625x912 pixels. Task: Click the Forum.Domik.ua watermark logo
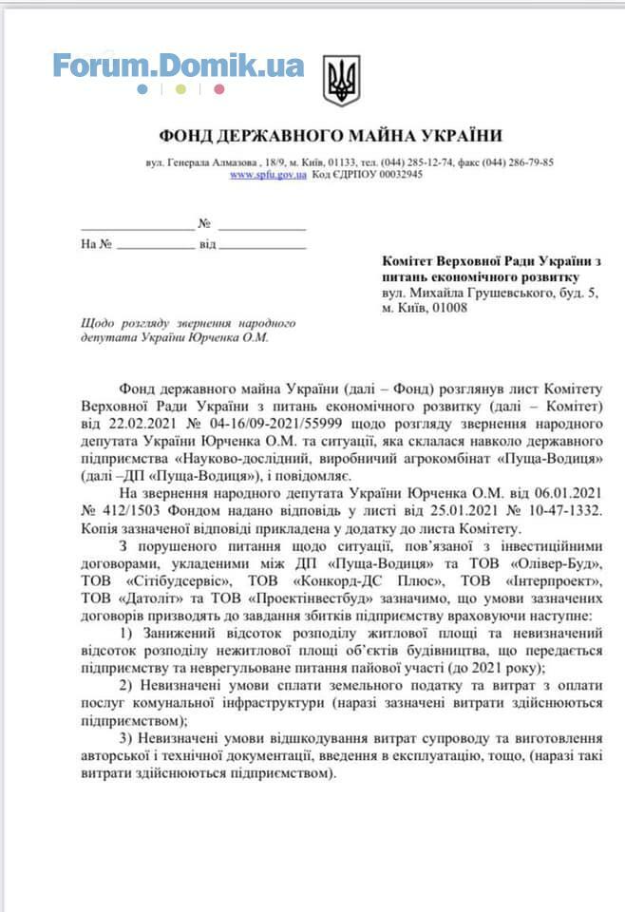(179, 66)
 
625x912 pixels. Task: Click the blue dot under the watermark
(142, 89)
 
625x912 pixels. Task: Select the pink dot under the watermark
(219, 89)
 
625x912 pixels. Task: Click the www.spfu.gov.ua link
(268, 175)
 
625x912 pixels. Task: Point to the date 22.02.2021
(131, 422)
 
